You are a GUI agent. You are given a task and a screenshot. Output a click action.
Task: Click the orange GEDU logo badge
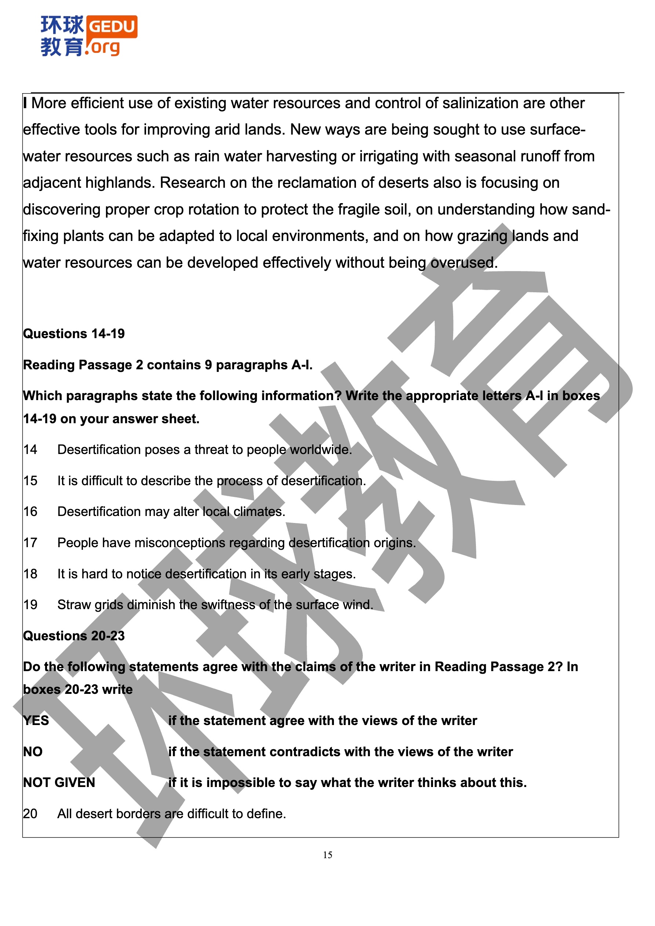point(112,27)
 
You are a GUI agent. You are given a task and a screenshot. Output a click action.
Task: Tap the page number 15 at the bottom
point(327,854)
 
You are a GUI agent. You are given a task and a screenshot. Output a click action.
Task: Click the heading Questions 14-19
point(74,333)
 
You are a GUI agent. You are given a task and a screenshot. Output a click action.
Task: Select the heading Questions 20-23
point(74,636)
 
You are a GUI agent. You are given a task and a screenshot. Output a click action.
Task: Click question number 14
point(30,449)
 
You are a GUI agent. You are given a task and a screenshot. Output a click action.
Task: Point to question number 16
point(30,511)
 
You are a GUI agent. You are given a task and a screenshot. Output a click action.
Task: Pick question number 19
point(30,605)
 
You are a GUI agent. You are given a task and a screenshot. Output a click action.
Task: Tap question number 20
point(30,813)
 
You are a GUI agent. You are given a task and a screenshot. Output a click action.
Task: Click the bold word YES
point(36,720)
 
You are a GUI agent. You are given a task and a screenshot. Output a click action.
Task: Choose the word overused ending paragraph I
point(464,263)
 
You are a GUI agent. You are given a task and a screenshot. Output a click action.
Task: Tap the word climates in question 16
point(259,511)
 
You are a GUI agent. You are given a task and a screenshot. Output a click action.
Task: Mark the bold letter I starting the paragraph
point(25,103)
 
